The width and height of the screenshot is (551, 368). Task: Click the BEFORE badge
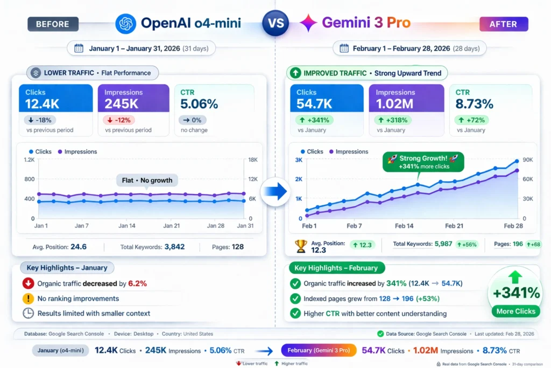pyautogui.click(x=53, y=24)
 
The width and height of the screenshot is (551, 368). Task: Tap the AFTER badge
pyautogui.click(x=503, y=24)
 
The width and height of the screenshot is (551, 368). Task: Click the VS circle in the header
pyautogui.click(x=275, y=23)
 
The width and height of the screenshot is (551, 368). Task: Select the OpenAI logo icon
pyautogui.click(x=126, y=23)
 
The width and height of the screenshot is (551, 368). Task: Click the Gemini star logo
pyautogui.click(x=308, y=23)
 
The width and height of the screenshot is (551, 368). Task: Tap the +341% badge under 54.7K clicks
pyautogui.click(x=312, y=120)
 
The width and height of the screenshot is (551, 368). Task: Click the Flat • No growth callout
pyautogui.click(x=147, y=180)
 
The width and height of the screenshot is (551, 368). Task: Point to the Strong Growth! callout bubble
pyautogui.click(x=423, y=162)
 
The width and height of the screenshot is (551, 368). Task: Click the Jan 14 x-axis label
pyautogui.click(x=126, y=226)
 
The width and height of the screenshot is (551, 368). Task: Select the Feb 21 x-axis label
pyautogui.click(x=453, y=226)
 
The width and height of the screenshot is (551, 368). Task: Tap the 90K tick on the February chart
pyautogui.click(x=528, y=160)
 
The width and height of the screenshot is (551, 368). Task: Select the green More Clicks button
pyautogui.click(x=516, y=311)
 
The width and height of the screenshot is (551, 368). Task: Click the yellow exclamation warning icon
pyautogui.click(x=28, y=298)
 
